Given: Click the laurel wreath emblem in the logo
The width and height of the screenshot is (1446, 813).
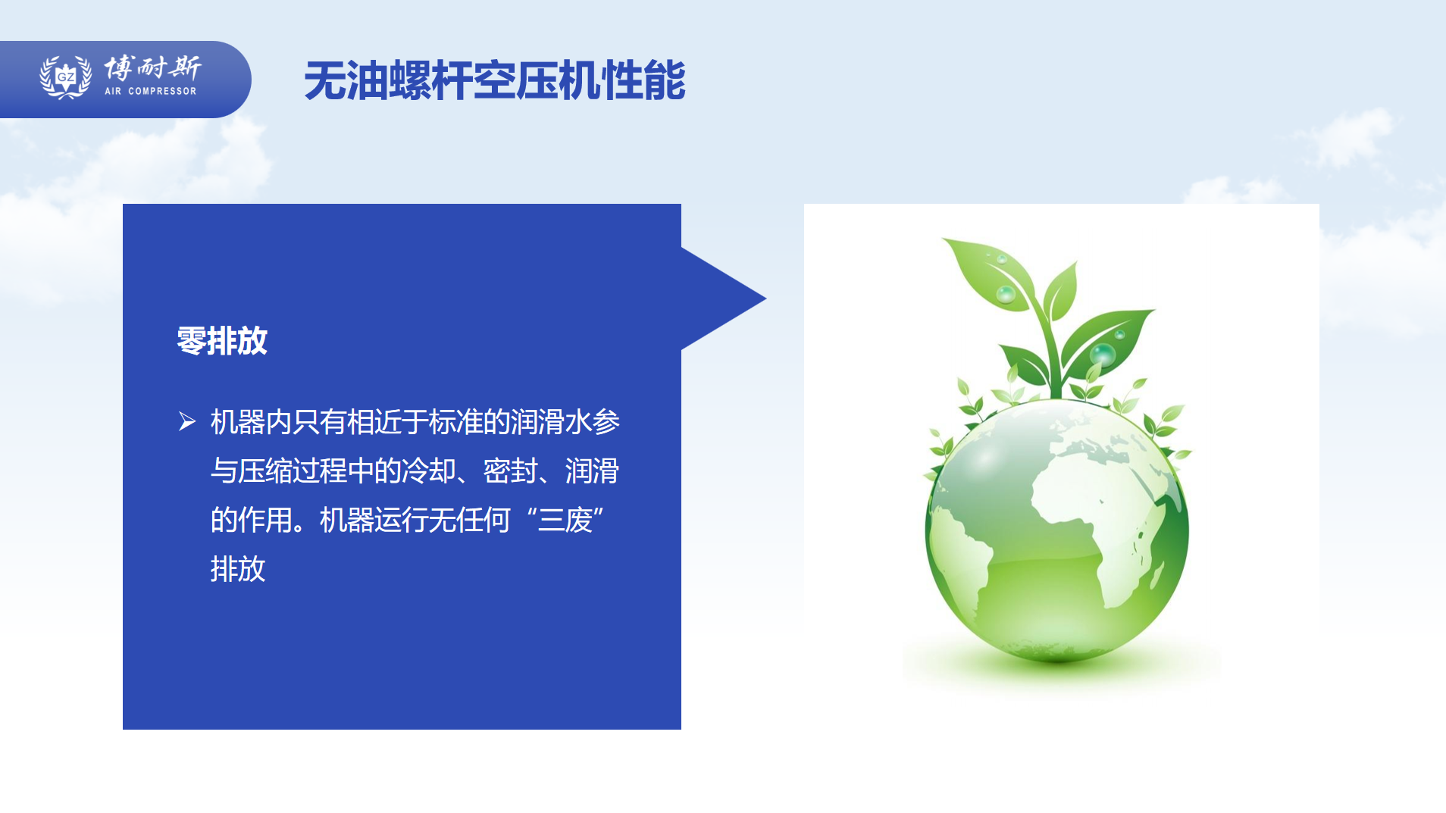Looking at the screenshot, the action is click(x=66, y=77).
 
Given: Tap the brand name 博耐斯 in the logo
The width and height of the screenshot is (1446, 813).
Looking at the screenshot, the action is click(x=152, y=68).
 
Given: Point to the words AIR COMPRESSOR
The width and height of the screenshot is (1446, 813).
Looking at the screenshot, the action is click(x=151, y=92).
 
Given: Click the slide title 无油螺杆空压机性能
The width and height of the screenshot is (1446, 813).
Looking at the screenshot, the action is click(x=495, y=81).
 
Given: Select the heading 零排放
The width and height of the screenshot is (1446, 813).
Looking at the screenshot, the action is click(x=222, y=341).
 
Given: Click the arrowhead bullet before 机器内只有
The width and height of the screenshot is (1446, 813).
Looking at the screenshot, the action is click(x=187, y=421).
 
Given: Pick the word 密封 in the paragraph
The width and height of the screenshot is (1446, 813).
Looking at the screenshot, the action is click(x=511, y=471).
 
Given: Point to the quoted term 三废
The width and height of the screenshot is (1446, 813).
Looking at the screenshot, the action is click(x=565, y=521).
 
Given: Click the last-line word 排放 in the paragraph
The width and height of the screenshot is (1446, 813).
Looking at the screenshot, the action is click(x=238, y=569).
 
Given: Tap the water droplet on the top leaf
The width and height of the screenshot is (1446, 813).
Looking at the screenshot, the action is click(x=1006, y=294).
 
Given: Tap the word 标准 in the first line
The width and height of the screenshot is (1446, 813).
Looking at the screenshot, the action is click(x=456, y=422).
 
